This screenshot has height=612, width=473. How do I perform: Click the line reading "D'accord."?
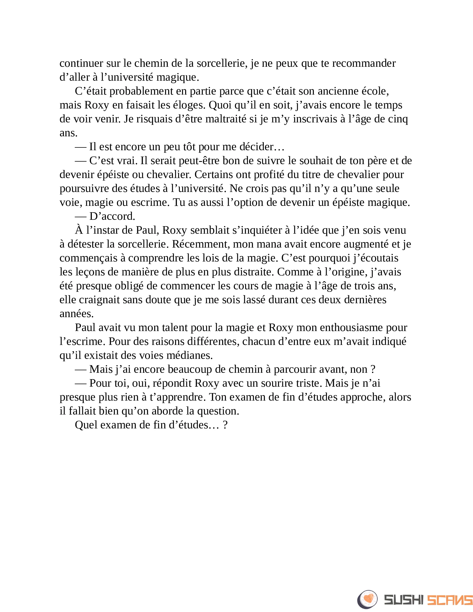112,216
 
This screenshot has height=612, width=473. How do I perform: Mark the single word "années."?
77,314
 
